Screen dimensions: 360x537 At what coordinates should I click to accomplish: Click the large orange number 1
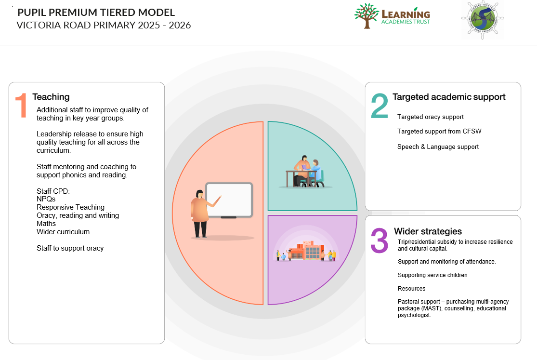21,106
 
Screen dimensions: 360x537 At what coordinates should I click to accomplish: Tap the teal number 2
379,106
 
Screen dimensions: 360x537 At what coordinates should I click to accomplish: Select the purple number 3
379,240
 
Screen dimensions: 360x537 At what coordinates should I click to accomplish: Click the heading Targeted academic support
449,97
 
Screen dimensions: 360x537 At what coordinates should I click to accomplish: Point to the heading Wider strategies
428,231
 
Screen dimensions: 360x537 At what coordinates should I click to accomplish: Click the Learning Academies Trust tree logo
366,16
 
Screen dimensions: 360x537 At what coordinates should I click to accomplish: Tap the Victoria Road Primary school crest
482,20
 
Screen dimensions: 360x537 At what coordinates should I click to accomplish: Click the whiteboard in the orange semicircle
229,200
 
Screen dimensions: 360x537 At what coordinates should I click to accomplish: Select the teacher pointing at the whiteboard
200,213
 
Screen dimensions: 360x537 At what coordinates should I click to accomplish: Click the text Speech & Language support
438,147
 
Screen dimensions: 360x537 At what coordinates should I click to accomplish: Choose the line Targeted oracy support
430,117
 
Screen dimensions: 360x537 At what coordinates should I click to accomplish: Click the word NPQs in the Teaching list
46,199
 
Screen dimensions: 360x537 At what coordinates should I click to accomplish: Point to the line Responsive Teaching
70,207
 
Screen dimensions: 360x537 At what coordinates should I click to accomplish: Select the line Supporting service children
432,275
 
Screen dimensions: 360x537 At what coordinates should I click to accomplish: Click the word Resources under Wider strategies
411,289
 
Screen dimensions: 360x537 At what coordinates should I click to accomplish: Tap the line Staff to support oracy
70,248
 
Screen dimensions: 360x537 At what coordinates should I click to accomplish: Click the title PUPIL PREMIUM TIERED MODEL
96,13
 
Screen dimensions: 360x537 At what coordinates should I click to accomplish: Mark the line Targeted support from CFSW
439,131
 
